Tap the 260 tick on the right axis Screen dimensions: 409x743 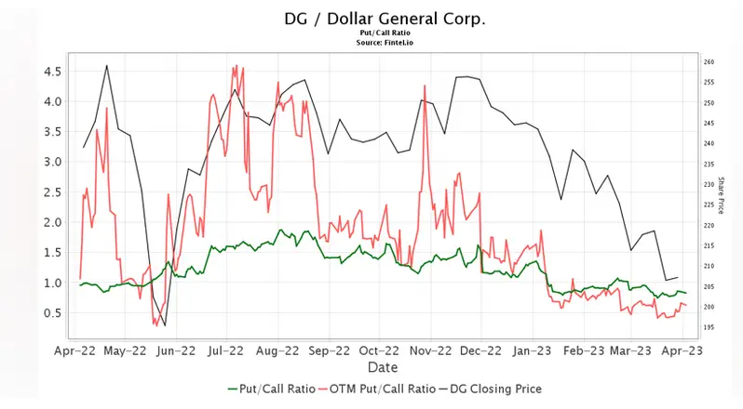709,62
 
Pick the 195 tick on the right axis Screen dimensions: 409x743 709,327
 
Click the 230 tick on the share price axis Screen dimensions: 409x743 709,185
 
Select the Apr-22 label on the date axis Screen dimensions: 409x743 74,351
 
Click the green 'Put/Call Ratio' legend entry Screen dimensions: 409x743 270,389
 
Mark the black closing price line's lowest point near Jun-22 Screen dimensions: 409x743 165,325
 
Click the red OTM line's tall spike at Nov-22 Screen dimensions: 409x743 425,99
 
